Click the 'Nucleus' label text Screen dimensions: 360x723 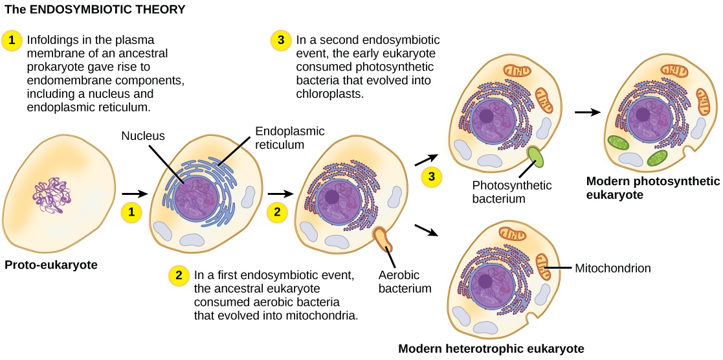click(x=144, y=136)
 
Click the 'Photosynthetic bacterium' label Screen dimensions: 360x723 click(x=513, y=192)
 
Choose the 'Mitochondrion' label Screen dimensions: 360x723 click(x=613, y=267)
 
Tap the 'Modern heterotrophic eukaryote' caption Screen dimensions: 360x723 click(x=491, y=348)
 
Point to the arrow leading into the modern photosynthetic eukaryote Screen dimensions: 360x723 click(x=586, y=111)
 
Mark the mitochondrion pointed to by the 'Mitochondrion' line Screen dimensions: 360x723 click(x=544, y=267)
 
